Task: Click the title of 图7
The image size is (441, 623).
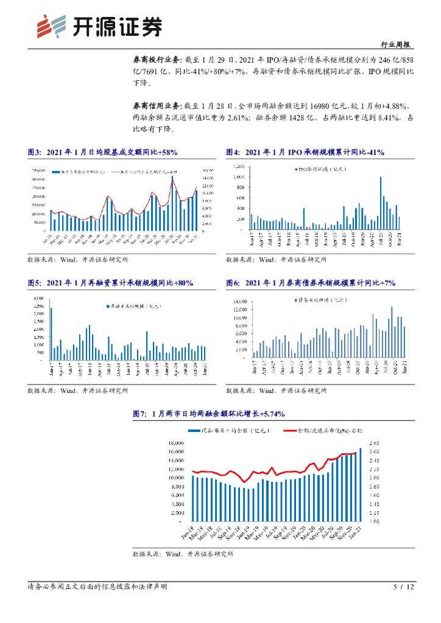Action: (209, 414)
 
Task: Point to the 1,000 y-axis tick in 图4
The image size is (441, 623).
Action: (238, 176)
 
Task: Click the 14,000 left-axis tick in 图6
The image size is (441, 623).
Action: (239, 301)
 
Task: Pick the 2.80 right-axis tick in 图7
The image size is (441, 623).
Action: (375, 442)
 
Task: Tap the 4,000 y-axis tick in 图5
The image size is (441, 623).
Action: (38, 298)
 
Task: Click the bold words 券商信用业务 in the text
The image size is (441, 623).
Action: (153, 105)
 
